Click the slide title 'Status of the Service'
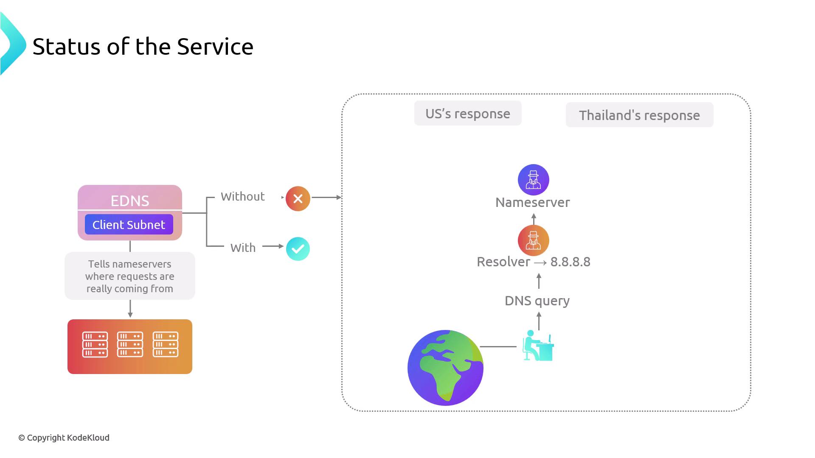[143, 47]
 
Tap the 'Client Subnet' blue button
[129, 225]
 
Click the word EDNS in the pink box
[130, 201]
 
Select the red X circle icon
[298, 198]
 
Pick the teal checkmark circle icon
[298, 249]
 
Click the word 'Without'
[242, 197]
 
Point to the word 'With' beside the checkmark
[243, 248]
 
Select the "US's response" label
[468, 114]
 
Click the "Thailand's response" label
[639, 115]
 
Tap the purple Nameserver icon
[534, 180]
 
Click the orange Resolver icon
[534, 240]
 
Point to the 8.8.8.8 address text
[570, 262]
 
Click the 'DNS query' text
[537, 301]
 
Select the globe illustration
[445, 368]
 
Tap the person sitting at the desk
[538, 346]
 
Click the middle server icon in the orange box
[130, 344]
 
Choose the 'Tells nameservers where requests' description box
[130, 276]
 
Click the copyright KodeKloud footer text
[64, 438]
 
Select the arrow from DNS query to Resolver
[539, 281]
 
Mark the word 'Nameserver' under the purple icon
[533, 203]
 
